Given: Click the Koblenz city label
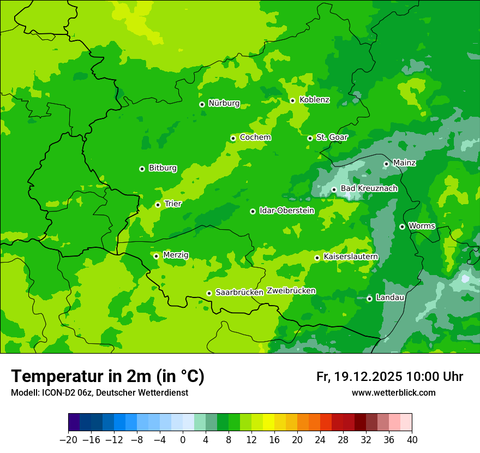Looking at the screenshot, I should pos(314,100).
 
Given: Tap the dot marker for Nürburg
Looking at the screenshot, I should pos(202,104).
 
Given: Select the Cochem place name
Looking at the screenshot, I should pos(255,138).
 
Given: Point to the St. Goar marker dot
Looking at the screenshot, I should pos(310,138).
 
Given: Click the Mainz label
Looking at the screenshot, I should pos(404,163).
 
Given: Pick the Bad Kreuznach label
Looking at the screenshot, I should pos(369,189).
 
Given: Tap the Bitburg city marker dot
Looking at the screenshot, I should pos(142,169).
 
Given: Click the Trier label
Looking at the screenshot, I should pos(173,204).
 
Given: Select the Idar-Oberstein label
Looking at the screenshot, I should pos(287,211).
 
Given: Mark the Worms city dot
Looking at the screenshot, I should pos(402,226).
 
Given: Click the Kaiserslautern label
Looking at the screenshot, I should pos(350,257).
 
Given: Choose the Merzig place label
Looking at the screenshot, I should pos(176,255).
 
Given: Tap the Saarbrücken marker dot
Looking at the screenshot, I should pos(209,293).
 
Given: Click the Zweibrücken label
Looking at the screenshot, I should pos(291,291).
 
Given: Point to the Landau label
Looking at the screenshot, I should pos(390,298).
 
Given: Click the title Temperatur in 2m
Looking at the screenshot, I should pos(107,376).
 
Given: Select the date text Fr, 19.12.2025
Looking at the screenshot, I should pos(359,377).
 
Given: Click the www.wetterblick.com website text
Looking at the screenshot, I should pos(393,393).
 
